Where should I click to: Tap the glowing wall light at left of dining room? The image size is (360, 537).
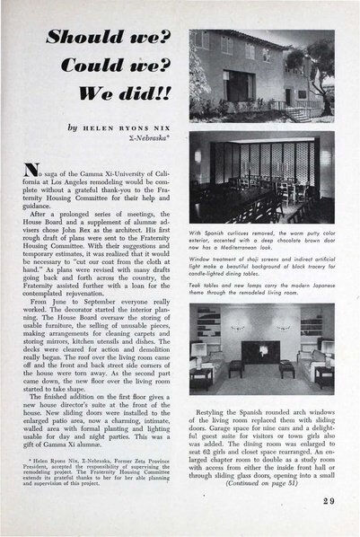point(198,155)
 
